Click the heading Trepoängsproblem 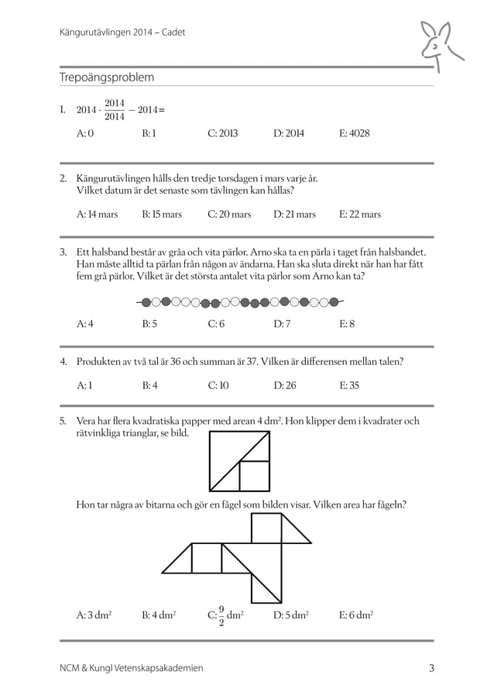(x=107, y=77)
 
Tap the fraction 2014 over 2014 (x=114, y=110)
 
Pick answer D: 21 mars (x=294, y=214)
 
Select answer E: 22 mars (x=360, y=214)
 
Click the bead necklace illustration (x=240, y=301)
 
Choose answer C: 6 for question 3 (x=216, y=324)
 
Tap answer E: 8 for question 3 (x=347, y=324)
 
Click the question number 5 (x=63, y=421)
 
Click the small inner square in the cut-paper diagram (x=255, y=474)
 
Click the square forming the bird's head (x=266, y=529)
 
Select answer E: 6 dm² (x=357, y=616)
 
